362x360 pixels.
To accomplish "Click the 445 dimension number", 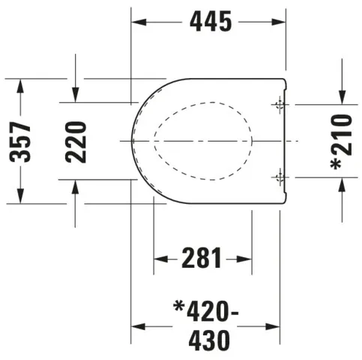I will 209,22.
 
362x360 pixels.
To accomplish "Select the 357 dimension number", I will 21,141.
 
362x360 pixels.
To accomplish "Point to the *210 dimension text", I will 341,142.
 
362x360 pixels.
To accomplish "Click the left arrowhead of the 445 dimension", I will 137,22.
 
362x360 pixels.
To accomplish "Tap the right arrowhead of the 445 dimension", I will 282,22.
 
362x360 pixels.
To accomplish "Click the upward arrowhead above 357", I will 21,84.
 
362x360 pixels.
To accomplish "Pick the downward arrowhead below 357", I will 21,198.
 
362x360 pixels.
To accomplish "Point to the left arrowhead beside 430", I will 138,327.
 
